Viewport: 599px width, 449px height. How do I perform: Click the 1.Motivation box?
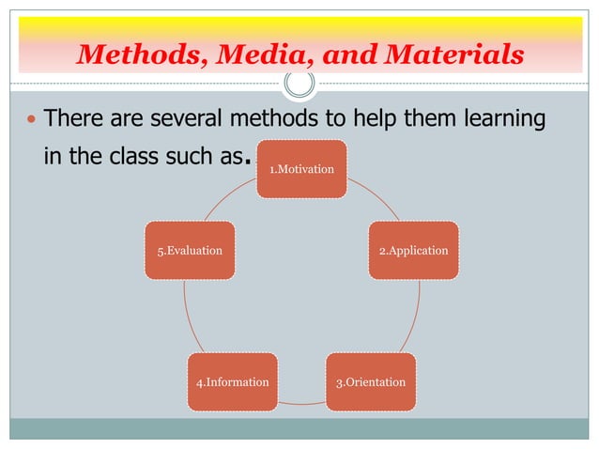point(302,169)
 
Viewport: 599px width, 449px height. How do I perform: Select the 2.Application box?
point(413,251)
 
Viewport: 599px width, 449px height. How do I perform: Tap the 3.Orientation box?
point(371,382)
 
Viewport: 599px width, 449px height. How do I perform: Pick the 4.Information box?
point(233,382)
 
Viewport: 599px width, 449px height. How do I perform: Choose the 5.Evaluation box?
point(190,251)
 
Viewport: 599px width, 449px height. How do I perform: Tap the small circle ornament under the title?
point(299,85)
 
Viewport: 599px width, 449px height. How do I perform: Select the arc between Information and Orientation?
point(302,403)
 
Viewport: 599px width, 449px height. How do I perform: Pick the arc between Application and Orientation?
point(414,319)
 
